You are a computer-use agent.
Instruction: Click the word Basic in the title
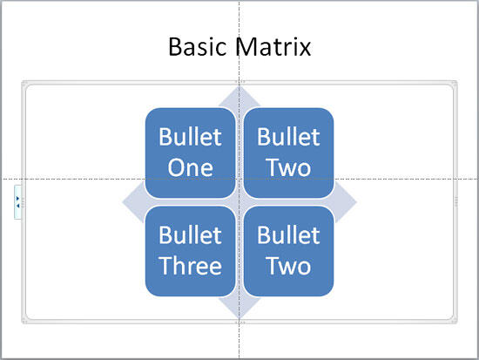pyautogui.click(x=199, y=46)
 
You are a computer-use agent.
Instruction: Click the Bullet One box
pyautogui.click(x=190, y=152)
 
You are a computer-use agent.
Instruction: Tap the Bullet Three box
pyautogui.click(x=190, y=250)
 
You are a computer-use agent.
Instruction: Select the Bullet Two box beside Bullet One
pyautogui.click(x=288, y=152)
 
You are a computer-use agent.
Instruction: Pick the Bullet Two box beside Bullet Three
pyautogui.click(x=288, y=250)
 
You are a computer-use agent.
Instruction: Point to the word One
pyautogui.click(x=190, y=167)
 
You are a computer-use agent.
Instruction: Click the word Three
pyautogui.click(x=190, y=266)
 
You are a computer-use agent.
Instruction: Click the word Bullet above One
pyautogui.click(x=190, y=137)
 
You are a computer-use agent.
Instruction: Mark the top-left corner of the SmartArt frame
pyautogui.click(x=25, y=84)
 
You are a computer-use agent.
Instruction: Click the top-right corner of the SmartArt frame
pyautogui.click(x=454, y=84)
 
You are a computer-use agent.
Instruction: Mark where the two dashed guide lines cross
pyautogui.click(x=239, y=180)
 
